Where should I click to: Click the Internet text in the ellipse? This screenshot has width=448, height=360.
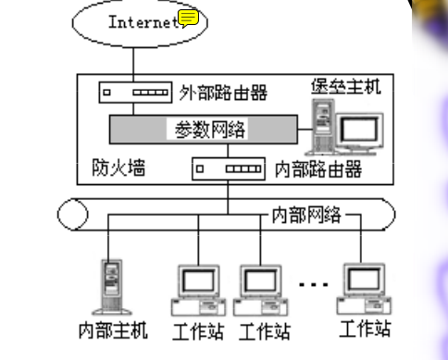pyautogui.click(x=141, y=22)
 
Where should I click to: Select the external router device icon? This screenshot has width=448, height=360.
pyautogui.click(x=133, y=93)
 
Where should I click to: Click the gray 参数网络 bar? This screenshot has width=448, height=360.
pyautogui.click(x=209, y=127)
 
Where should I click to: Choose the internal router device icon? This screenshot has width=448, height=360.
pyautogui.click(x=228, y=169)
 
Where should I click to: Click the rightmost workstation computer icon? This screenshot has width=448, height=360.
pyautogui.click(x=364, y=286)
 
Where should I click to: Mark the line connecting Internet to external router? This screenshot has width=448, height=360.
pyautogui.click(x=133, y=64)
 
